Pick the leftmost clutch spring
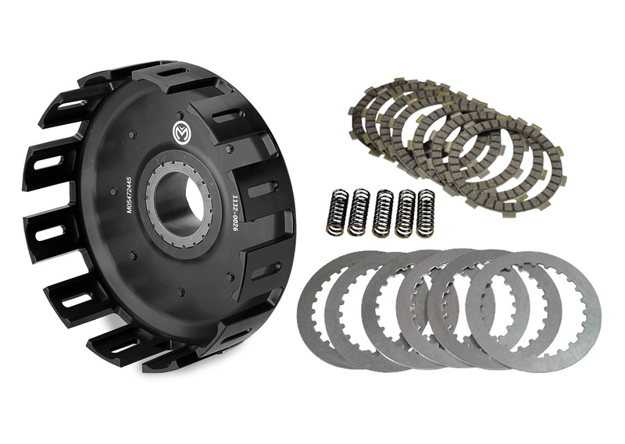pos(336,212)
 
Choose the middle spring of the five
pos(383,212)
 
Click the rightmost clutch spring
pos(426,211)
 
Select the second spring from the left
pos(359,212)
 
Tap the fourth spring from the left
pos(405,212)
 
